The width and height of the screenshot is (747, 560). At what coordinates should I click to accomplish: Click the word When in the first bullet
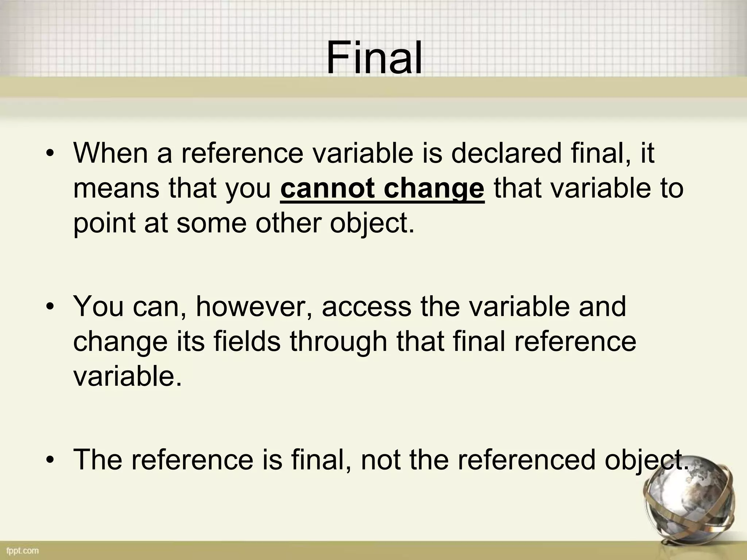coord(110,153)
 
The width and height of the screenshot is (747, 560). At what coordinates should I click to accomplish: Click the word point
coord(104,223)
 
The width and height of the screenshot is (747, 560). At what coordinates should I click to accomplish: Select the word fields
coord(247,342)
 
